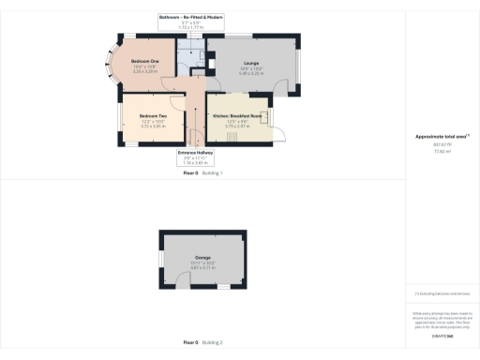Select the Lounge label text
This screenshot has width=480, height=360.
click(x=249, y=65)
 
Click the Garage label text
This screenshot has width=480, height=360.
click(x=202, y=258)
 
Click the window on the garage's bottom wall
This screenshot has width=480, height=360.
click(x=224, y=287)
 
